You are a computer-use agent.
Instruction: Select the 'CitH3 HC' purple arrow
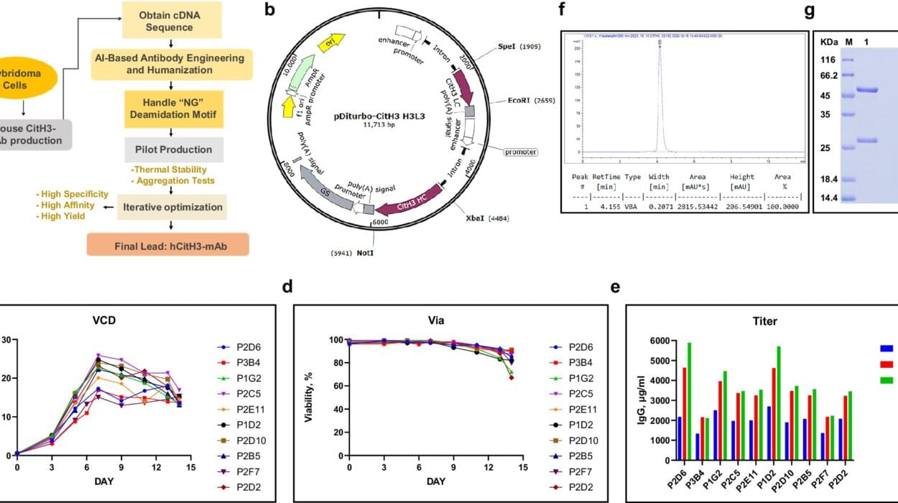tap(406, 209)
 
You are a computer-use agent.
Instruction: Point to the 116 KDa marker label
tap(828, 60)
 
